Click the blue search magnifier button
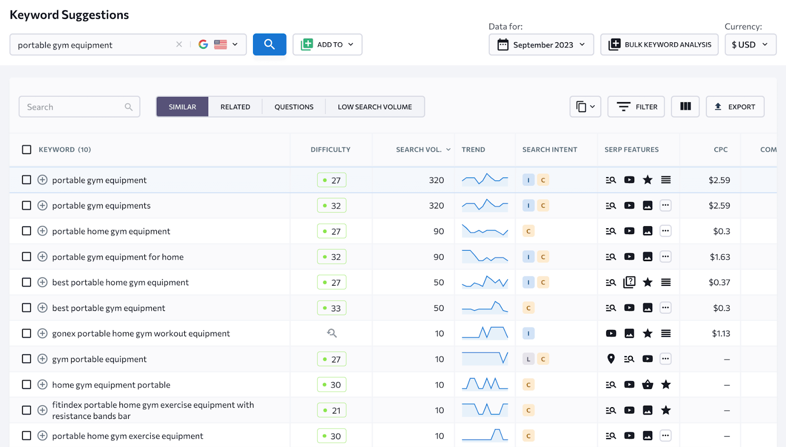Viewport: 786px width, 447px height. pyautogui.click(x=269, y=44)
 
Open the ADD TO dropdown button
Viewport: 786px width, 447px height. pyautogui.click(x=327, y=44)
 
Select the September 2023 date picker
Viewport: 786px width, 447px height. pyautogui.click(x=541, y=45)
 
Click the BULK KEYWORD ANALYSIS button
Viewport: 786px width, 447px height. pyautogui.click(x=659, y=45)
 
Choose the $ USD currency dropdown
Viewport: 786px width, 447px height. pyautogui.click(x=750, y=45)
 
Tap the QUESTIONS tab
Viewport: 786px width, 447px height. pyautogui.click(x=294, y=107)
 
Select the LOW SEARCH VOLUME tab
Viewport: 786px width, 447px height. pyautogui.click(x=375, y=107)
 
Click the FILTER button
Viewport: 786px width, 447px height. pyautogui.click(x=636, y=107)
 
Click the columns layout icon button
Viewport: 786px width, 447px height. pyautogui.click(x=685, y=107)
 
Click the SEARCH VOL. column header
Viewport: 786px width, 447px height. pyautogui.click(x=419, y=149)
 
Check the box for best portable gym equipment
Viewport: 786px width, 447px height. pyautogui.click(x=27, y=308)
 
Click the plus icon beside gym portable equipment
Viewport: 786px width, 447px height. pyautogui.click(x=43, y=359)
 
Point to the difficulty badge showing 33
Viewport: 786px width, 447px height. pyautogui.click(x=332, y=308)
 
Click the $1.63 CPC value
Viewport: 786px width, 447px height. pyautogui.click(x=720, y=257)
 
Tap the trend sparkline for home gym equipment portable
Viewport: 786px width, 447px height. pyautogui.click(x=485, y=385)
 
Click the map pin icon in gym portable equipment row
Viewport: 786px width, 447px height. pyautogui.click(x=611, y=359)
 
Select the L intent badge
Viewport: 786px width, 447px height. pyautogui.click(x=528, y=359)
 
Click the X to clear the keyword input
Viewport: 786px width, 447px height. pyautogui.click(x=179, y=44)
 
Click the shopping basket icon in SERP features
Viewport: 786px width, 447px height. pyautogui.click(x=647, y=385)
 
